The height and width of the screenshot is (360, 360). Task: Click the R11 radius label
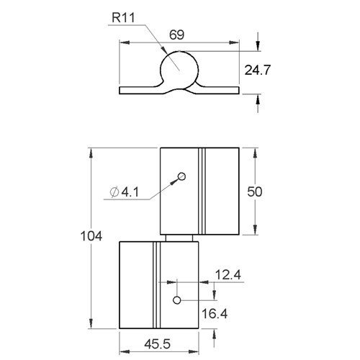pyautogui.click(x=123, y=17)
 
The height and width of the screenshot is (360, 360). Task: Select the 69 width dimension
pyautogui.click(x=176, y=35)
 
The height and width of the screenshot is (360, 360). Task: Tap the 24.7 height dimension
pyautogui.click(x=257, y=70)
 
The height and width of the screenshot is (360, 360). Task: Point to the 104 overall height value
pyautogui.click(x=91, y=236)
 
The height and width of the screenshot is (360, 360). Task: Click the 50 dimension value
pyautogui.click(x=255, y=192)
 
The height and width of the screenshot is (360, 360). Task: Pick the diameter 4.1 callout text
pyautogui.click(x=125, y=192)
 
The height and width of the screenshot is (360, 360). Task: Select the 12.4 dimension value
pyautogui.click(x=228, y=275)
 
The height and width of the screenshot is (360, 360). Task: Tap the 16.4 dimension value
pyautogui.click(x=215, y=314)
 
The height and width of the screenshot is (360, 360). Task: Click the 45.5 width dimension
pyautogui.click(x=158, y=344)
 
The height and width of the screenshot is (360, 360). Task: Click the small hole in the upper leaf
pyautogui.click(x=181, y=176)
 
